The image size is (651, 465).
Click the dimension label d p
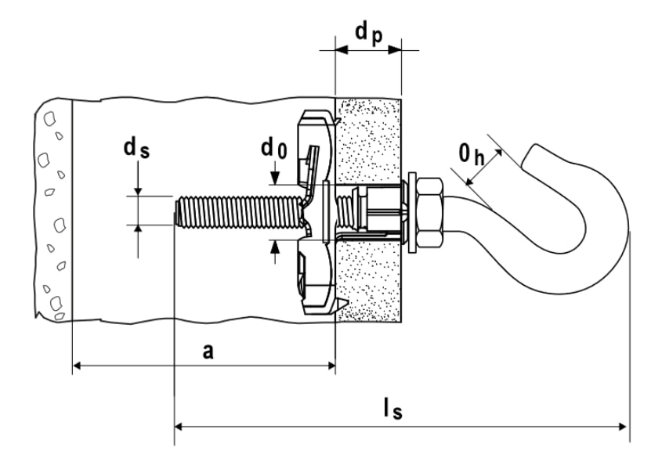369,33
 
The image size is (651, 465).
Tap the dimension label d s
136,149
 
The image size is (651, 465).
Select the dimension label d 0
273,149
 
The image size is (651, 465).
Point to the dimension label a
208,351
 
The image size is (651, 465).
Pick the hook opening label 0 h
472,154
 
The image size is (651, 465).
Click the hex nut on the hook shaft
430,213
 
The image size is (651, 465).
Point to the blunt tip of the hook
529,156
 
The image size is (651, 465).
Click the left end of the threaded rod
175,212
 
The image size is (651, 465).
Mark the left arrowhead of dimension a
77,366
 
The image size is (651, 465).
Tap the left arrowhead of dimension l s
179,427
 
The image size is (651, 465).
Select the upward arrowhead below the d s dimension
138,229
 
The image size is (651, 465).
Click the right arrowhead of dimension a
331,366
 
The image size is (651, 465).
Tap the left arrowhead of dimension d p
342,50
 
